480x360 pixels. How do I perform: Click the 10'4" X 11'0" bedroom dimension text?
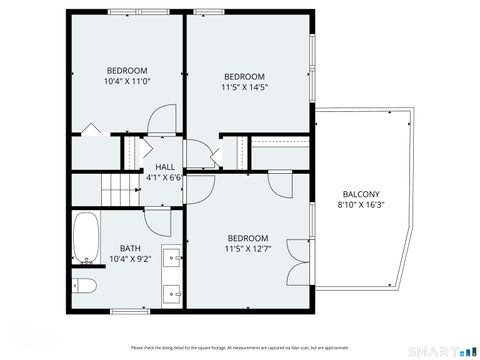click(127, 80)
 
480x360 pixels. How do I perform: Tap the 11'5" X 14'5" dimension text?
click(243, 87)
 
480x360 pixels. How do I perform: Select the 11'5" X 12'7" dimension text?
click(247, 248)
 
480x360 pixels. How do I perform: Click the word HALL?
click(165, 167)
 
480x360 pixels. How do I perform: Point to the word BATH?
click(130, 249)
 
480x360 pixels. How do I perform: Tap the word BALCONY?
click(361, 194)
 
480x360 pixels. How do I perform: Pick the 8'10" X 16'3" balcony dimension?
click(361, 205)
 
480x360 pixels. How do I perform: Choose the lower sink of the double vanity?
click(171, 294)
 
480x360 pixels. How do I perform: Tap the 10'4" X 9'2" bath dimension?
click(130, 260)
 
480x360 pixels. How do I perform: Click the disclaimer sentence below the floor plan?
click(240, 347)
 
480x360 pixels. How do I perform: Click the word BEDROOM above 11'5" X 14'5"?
click(243, 77)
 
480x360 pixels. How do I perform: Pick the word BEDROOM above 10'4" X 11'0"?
click(127, 70)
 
